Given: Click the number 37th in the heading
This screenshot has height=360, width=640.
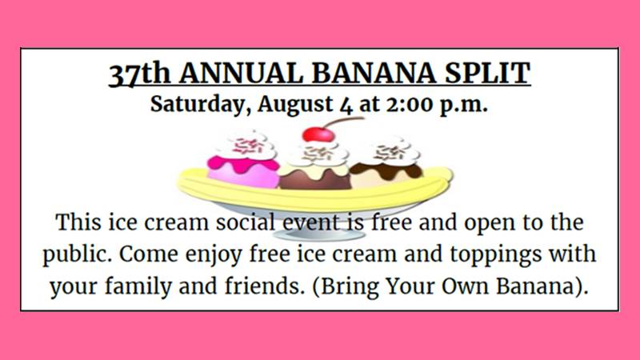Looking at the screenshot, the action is [139, 74].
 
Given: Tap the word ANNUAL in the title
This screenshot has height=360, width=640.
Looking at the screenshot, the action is [241, 74].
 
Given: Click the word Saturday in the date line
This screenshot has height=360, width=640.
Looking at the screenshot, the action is [201, 105].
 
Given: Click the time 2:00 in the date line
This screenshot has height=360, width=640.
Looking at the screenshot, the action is [410, 105].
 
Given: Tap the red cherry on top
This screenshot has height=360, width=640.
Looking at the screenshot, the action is [318, 134].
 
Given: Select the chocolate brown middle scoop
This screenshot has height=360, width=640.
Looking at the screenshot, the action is [314, 178].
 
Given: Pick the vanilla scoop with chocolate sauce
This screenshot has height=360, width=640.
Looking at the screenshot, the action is [386, 174].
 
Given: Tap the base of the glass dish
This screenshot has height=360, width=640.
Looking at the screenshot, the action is [318, 234].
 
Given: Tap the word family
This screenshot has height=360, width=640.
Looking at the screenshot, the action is [138, 286].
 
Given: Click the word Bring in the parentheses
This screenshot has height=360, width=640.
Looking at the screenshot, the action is [350, 286].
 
